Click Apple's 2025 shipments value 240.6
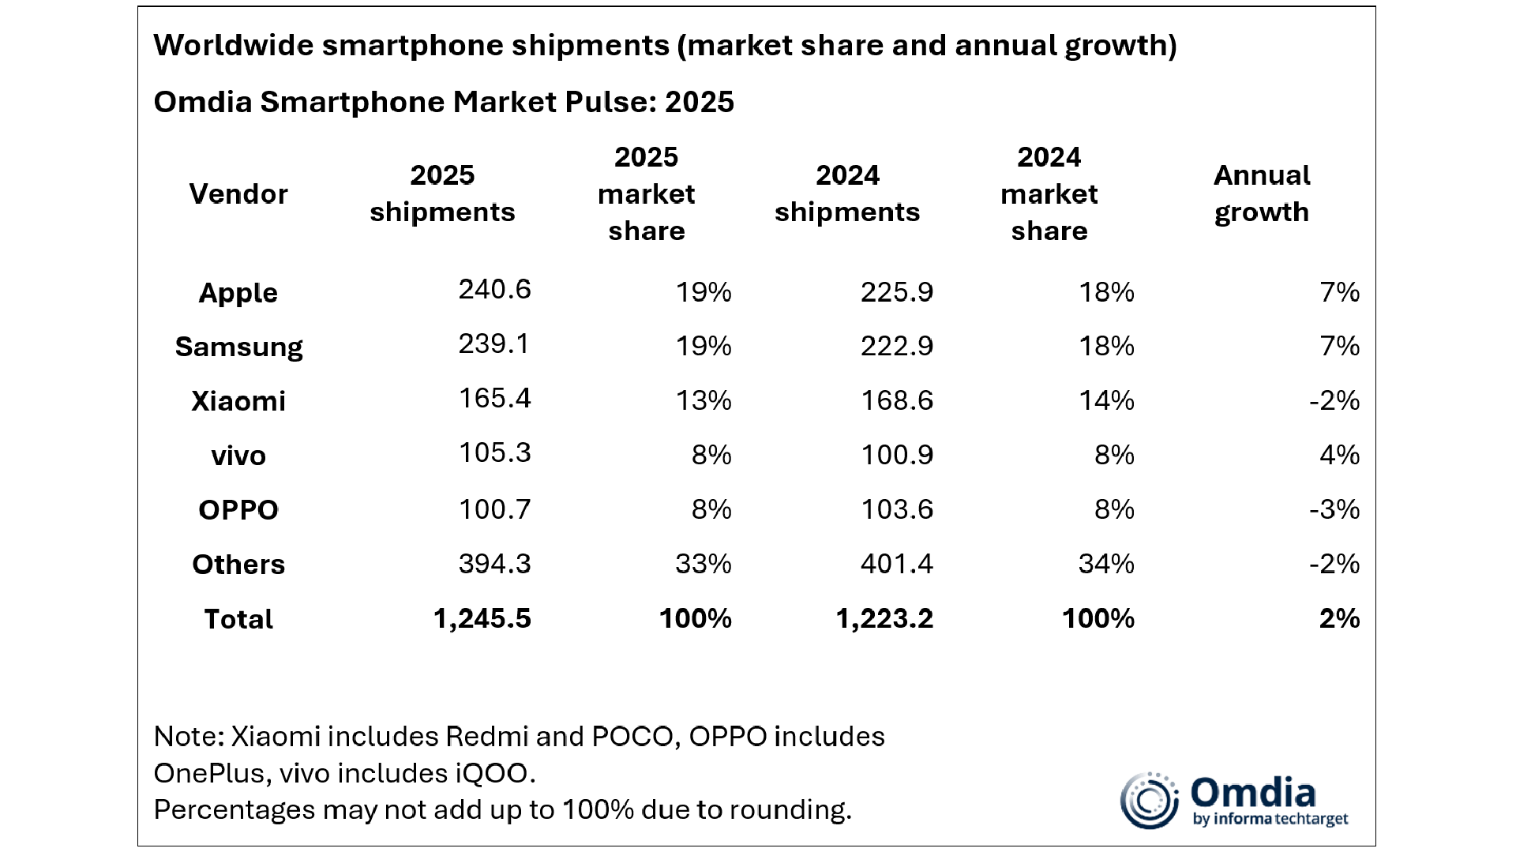click(x=494, y=290)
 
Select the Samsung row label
click(x=238, y=347)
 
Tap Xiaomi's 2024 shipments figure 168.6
click(x=897, y=400)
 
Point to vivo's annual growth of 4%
click(x=1339, y=455)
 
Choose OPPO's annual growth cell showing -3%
click(x=1334, y=509)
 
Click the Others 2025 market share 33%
click(x=703, y=564)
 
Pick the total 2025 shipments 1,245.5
click(x=482, y=618)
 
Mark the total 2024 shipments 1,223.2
click(x=884, y=618)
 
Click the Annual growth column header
click(x=1262, y=193)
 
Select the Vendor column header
click(x=238, y=193)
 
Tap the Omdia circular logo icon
click(x=1150, y=801)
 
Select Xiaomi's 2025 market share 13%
click(x=703, y=400)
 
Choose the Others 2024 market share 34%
click(x=1106, y=564)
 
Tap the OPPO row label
click(x=238, y=510)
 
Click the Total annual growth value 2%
click(x=1339, y=618)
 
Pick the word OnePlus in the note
click(x=212, y=773)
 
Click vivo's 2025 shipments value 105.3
click(x=494, y=453)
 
